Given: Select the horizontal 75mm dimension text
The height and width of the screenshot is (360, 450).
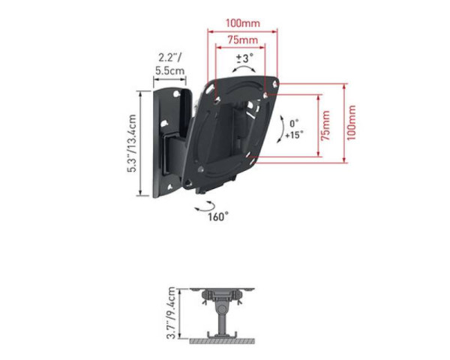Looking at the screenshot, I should [x=242, y=40].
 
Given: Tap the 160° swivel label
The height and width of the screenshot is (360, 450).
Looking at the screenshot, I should [x=218, y=218].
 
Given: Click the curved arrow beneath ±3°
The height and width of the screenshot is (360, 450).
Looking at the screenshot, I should [x=243, y=69].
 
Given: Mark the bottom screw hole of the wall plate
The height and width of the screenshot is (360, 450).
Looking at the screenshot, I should [x=172, y=182].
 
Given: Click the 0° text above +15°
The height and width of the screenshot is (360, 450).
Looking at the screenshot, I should [x=294, y=122].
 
